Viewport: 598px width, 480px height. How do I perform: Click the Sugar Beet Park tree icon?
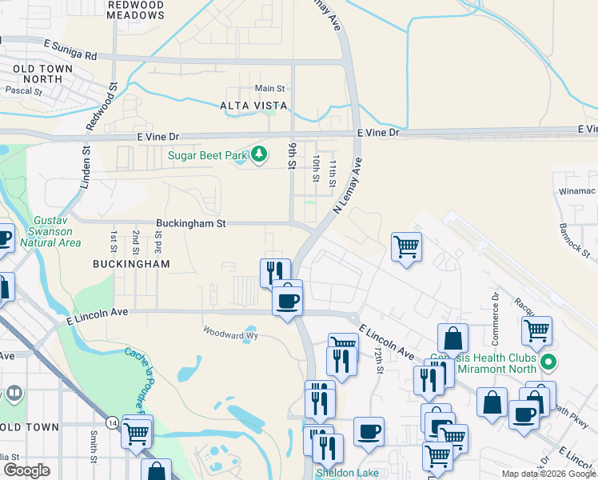(258, 154)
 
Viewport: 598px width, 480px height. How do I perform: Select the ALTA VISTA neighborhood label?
(253, 106)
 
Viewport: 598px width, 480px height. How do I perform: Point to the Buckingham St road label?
(190, 225)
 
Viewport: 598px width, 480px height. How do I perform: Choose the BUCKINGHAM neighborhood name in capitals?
(131, 263)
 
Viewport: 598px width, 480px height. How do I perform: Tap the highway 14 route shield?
(111, 421)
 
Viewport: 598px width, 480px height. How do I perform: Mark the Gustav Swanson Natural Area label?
(57, 231)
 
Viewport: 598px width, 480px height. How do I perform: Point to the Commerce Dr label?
(496, 307)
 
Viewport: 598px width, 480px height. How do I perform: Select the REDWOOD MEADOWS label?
(135, 10)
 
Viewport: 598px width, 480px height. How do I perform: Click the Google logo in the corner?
(26, 470)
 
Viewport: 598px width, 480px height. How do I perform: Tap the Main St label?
(269, 88)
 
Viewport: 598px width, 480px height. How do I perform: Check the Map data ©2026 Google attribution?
(548, 474)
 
